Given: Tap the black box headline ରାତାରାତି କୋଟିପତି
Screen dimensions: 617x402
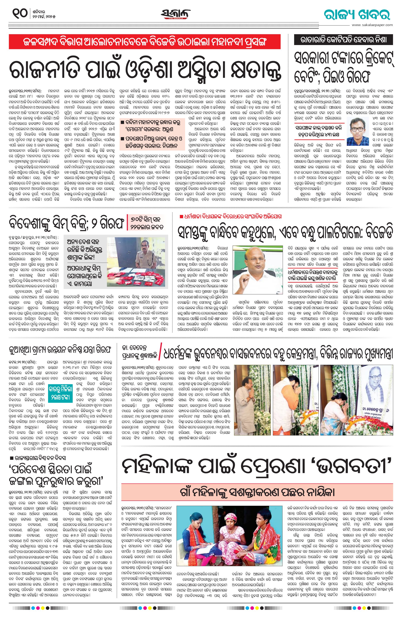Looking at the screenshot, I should tap(343, 40).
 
